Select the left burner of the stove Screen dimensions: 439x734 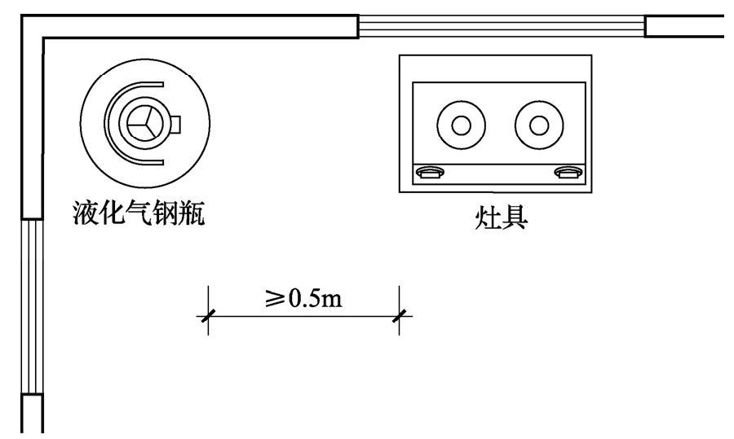click(461, 125)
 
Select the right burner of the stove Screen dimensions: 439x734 click(538, 125)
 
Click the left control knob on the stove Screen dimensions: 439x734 click(430, 172)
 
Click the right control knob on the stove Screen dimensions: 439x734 click(568, 172)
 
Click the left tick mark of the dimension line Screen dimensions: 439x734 click(207, 315)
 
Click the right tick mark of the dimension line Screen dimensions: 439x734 click(399, 315)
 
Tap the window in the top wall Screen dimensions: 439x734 click(501, 26)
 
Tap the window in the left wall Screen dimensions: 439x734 click(30, 306)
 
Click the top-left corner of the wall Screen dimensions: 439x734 click(32, 26)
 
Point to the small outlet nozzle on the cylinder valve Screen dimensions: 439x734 click(175, 124)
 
